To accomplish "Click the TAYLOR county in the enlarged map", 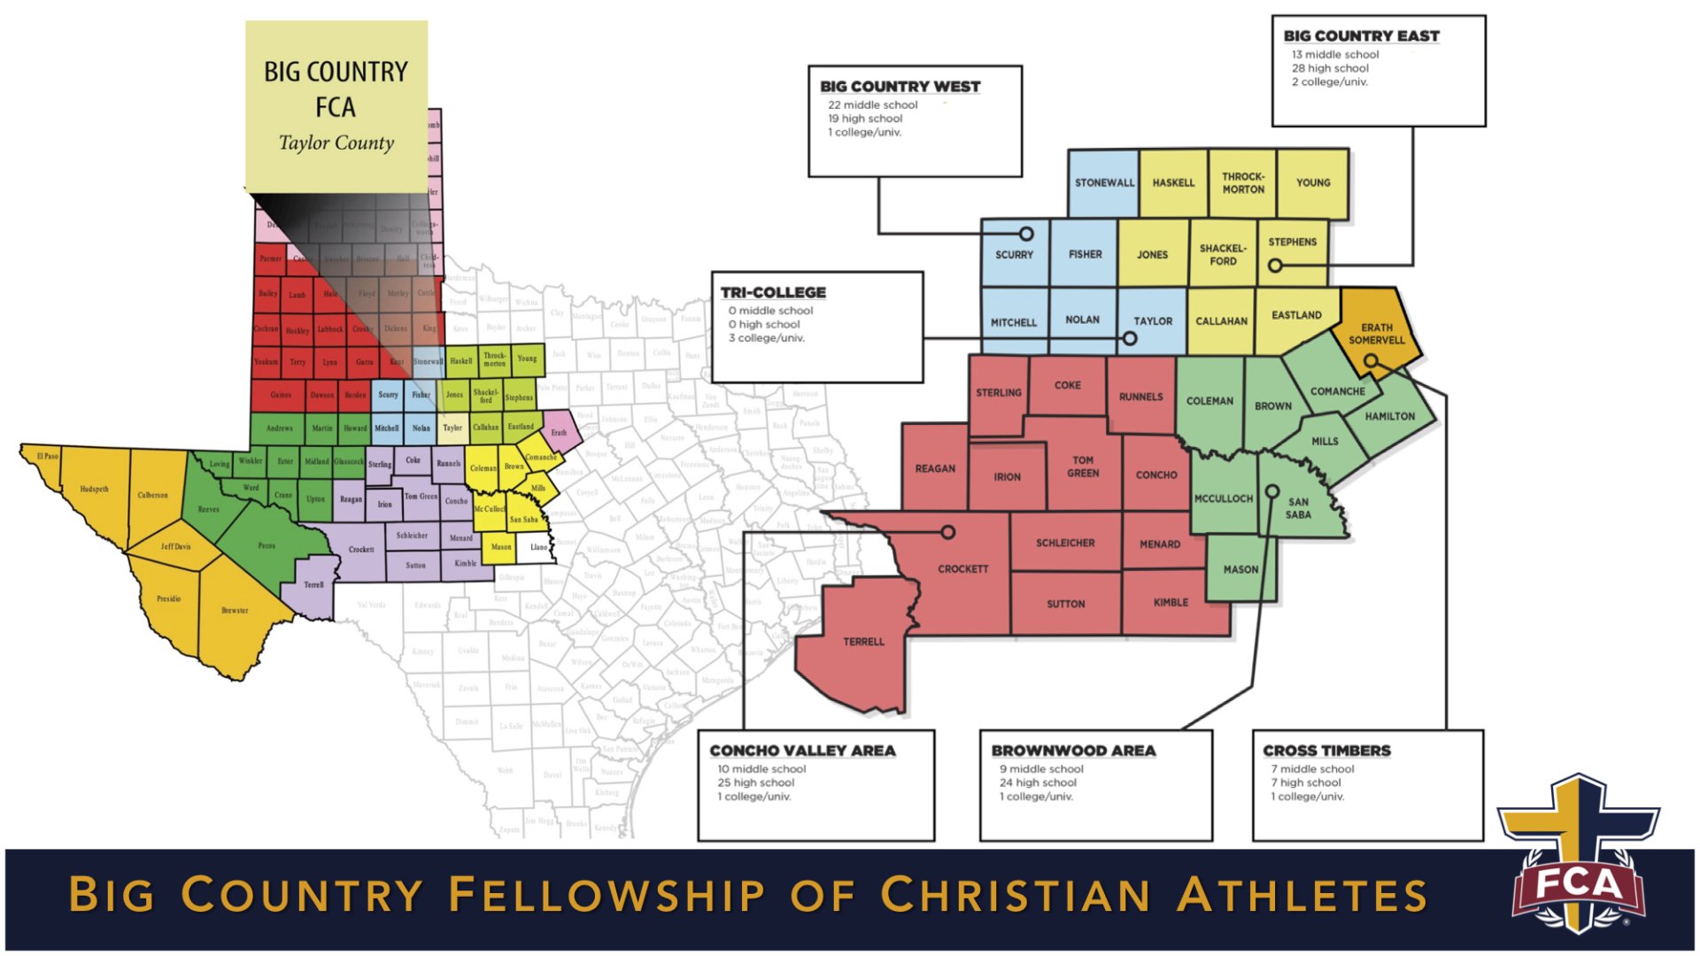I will pos(1153,320).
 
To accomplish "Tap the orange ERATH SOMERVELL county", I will pos(1377,333).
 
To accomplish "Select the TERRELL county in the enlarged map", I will pos(863,642).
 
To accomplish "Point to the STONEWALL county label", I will pos(1104,182).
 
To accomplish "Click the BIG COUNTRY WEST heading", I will pos(900,87).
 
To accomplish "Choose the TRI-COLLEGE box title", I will pos(773,292).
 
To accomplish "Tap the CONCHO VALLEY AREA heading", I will pos(802,751).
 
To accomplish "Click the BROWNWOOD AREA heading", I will pos(1073,751).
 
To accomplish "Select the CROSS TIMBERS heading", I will pos(1326,751).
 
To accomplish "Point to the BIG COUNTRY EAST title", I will pos(1361,36).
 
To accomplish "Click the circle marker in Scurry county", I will pos(1026,234).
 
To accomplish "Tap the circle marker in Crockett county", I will pos(948,532).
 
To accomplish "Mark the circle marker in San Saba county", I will pos(1272,491).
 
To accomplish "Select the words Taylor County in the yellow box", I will pos(336,143).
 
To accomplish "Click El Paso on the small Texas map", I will pos(48,457).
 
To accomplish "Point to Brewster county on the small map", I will pos(235,611).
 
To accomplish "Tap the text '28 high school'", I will pos(1330,68).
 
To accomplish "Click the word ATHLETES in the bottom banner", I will pos(1302,894).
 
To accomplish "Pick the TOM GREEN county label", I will pos(1083,466).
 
